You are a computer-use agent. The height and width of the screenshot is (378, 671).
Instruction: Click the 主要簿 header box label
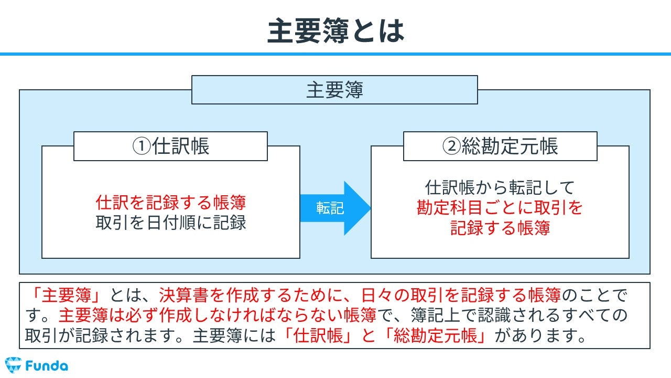(x=334, y=90)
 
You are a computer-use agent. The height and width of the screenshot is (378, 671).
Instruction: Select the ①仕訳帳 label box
(x=170, y=146)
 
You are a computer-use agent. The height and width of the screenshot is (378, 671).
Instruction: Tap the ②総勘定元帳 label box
(x=500, y=146)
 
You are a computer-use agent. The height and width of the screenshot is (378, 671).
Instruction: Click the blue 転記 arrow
(x=335, y=208)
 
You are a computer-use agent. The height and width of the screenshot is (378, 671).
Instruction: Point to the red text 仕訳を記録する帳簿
(x=171, y=202)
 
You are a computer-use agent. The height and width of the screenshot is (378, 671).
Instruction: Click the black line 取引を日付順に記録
(x=171, y=223)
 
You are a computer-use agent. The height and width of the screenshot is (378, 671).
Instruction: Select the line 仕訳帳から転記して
(x=500, y=187)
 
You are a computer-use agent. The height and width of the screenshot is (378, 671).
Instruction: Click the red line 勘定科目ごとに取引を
(x=500, y=207)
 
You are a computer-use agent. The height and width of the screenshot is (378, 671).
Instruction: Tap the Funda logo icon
(x=13, y=365)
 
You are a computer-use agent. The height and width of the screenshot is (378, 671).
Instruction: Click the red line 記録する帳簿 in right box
(x=500, y=228)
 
